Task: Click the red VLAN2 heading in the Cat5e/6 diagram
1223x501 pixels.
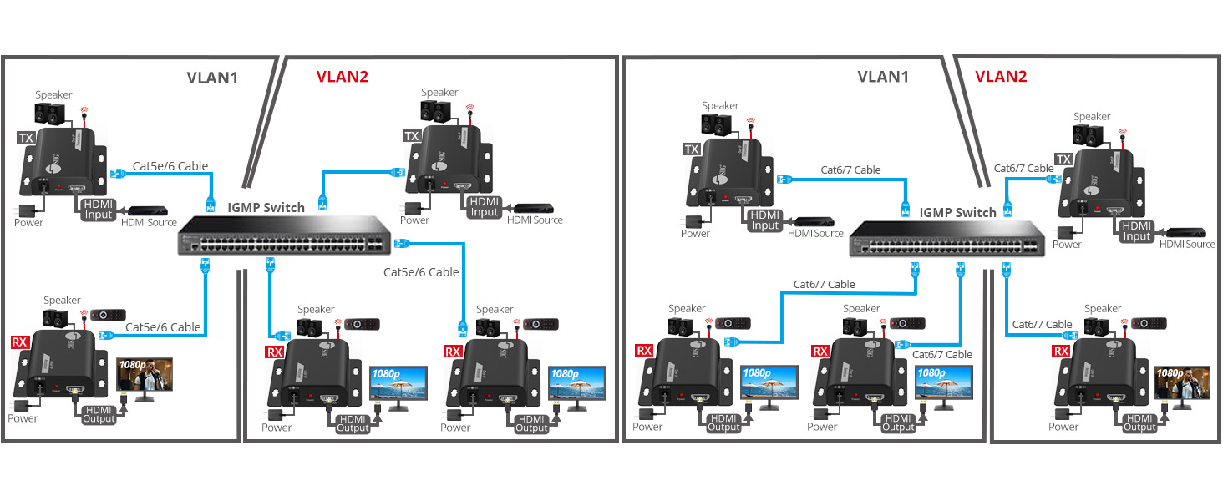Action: (342, 77)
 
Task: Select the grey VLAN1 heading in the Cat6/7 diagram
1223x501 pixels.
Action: (884, 77)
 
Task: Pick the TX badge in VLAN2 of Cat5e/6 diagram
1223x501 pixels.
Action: (412, 136)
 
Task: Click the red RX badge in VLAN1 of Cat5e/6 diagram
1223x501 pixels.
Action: (19, 342)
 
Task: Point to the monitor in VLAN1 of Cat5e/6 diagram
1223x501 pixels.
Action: (144, 377)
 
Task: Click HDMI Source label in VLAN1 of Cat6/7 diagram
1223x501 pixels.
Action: (815, 233)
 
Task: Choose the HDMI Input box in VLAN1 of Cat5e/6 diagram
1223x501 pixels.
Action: (98, 209)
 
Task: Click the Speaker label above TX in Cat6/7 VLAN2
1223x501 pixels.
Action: (1092, 117)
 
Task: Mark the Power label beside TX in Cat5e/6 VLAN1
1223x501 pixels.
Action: (28, 222)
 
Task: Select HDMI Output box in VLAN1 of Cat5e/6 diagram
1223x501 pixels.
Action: (99, 413)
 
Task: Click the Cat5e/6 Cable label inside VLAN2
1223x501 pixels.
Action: (421, 272)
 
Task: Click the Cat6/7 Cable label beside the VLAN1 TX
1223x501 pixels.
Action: (850, 170)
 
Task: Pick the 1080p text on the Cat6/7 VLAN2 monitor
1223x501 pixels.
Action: (1173, 372)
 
